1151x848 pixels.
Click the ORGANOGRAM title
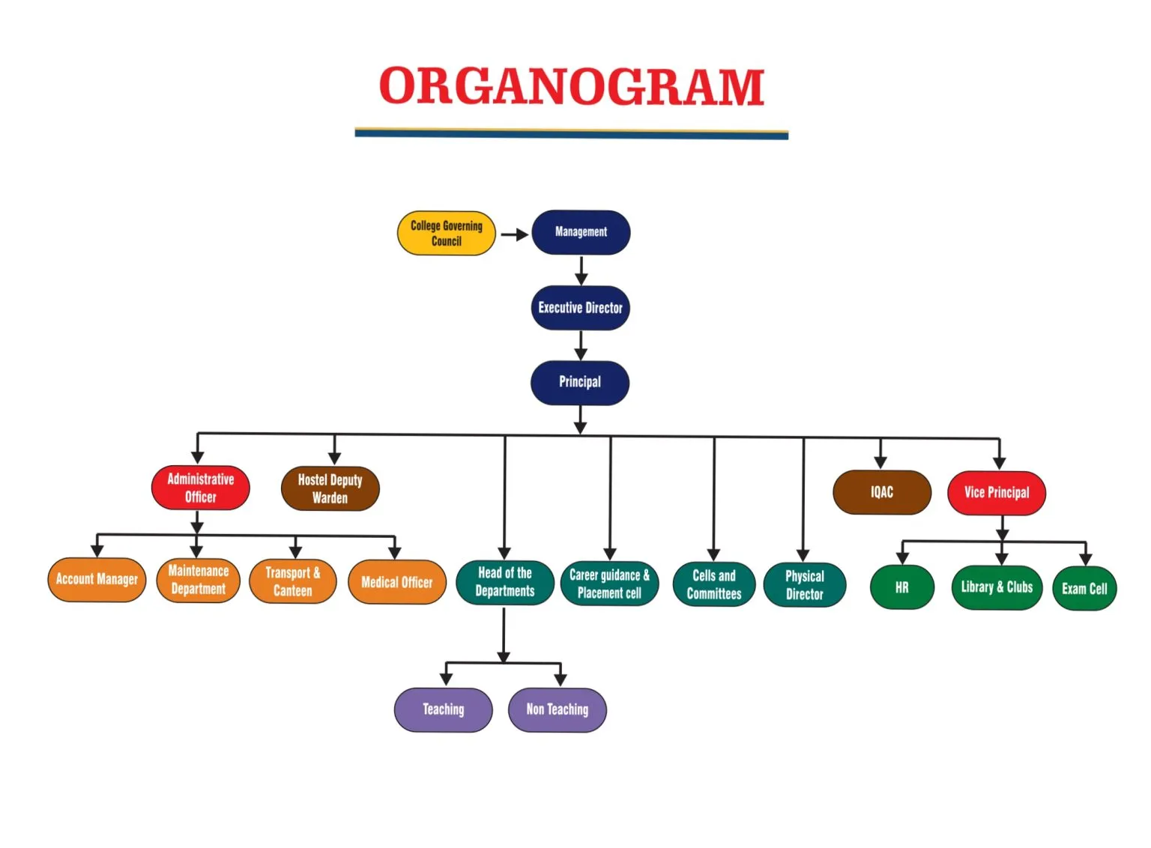571,86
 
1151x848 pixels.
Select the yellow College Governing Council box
446,233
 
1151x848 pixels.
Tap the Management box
581,232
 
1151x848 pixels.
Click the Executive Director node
580,308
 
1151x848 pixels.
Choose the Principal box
580,382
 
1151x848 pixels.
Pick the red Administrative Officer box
200,488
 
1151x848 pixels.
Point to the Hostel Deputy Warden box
330,488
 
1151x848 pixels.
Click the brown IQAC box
881,492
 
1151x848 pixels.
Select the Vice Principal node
996,493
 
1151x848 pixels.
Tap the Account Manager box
97,579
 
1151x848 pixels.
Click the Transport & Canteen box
292,581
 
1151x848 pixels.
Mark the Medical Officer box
397,582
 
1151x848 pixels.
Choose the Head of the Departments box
505,582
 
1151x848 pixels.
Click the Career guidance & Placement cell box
609,584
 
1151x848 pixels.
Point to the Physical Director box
804,585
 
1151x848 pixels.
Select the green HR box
901,588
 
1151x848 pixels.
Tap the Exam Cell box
1084,589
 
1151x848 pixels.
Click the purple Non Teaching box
557,709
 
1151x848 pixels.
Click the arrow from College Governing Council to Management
514,234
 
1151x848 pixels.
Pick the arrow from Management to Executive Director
581,270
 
